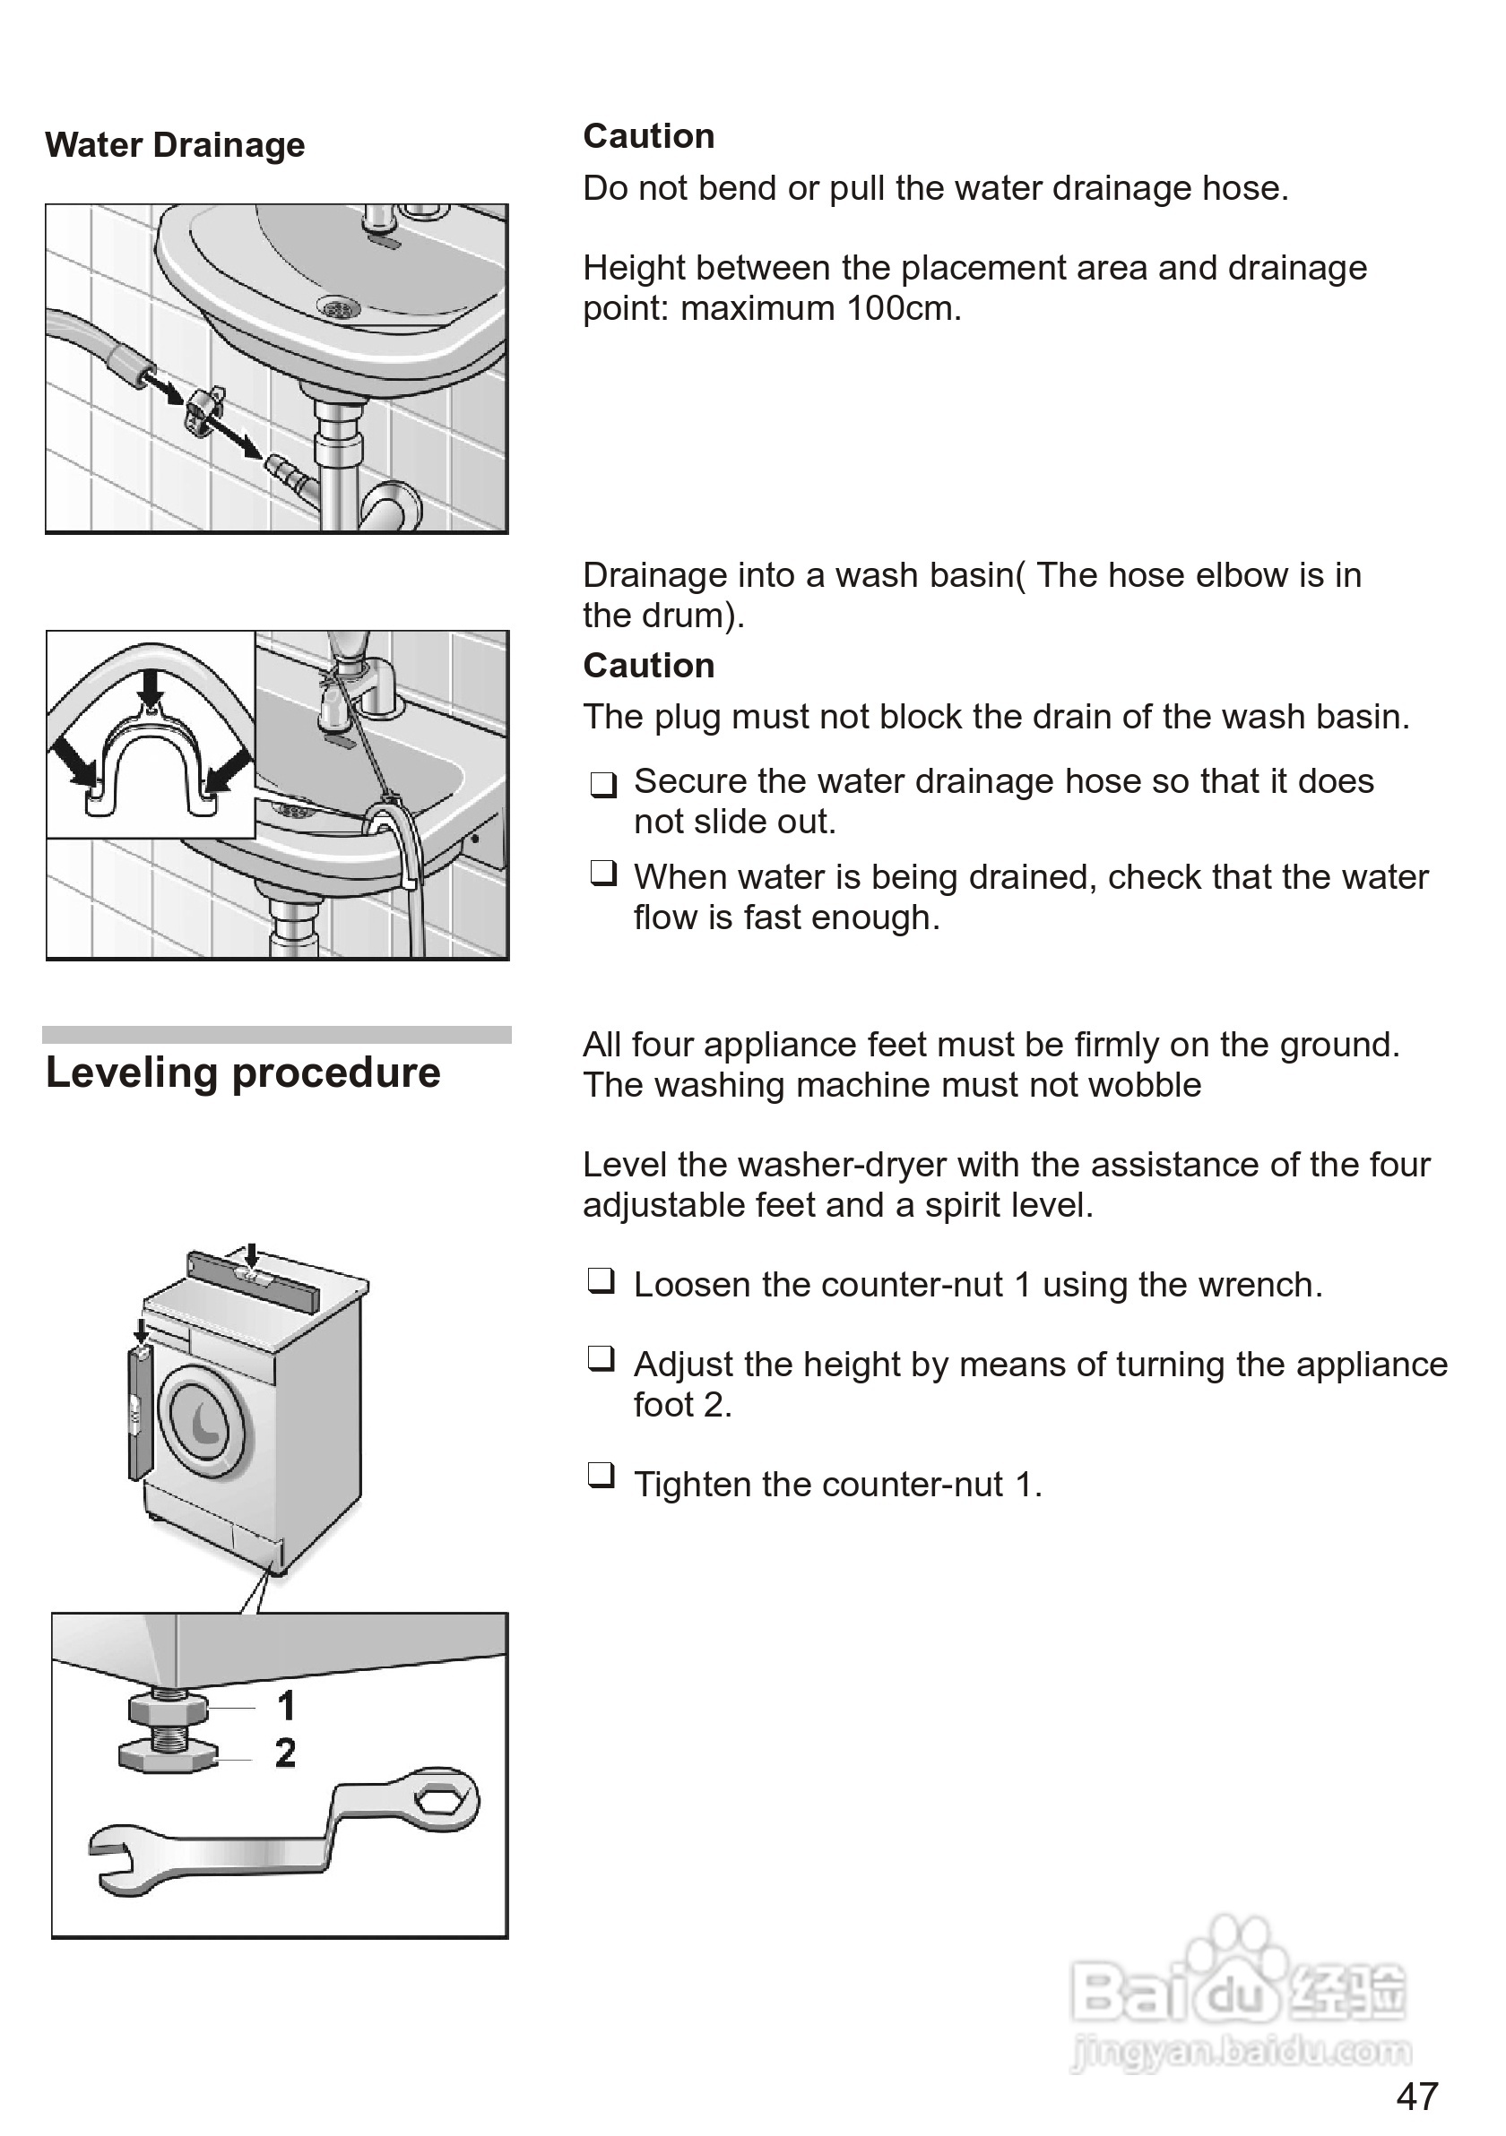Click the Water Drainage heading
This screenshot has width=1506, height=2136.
pyautogui.click(x=175, y=145)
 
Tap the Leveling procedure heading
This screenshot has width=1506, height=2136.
pyautogui.click(x=243, y=1072)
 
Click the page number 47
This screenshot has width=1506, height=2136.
pyautogui.click(x=1416, y=2097)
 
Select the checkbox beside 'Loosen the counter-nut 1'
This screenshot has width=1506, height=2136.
pyautogui.click(x=602, y=1282)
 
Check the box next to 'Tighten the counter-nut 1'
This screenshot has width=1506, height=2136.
pyautogui.click(x=602, y=1475)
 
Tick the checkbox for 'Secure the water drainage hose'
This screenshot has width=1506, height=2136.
pyautogui.click(x=603, y=784)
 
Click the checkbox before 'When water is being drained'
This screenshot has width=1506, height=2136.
pyautogui.click(x=603, y=874)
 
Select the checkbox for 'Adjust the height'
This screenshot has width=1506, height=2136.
pyautogui.click(x=602, y=1359)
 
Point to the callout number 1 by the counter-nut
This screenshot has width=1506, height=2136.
pyautogui.click(x=286, y=1705)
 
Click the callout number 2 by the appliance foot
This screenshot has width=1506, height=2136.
pyautogui.click(x=286, y=1753)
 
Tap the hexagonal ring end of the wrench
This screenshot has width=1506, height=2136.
pyautogui.click(x=436, y=1800)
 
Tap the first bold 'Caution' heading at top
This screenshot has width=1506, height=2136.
pyautogui.click(x=649, y=136)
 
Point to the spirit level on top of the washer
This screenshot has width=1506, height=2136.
pyautogui.click(x=253, y=1279)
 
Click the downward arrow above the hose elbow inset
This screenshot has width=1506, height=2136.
pyautogui.click(x=150, y=687)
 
